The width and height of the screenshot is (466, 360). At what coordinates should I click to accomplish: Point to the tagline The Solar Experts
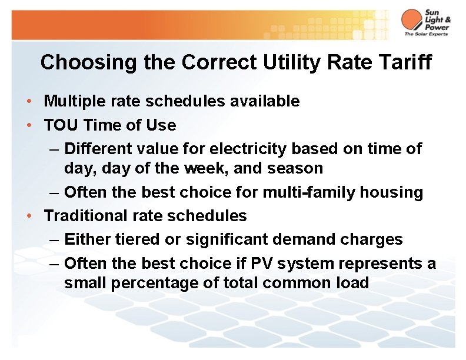pyautogui.click(x=425, y=34)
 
